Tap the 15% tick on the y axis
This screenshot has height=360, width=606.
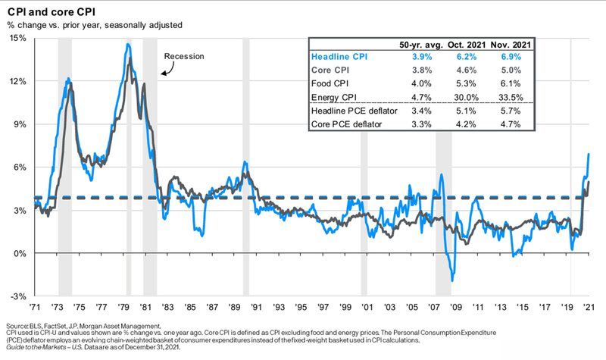pyautogui.click(x=17, y=38)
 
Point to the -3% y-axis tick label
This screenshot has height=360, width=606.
pyautogui.click(x=18, y=296)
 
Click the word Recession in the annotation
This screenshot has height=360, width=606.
pyautogui.click(x=184, y=56)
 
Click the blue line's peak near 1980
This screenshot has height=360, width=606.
pyautogui.click(x=128, y=44)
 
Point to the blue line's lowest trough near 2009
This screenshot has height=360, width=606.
pyautogui.click(x=452, y=281)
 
